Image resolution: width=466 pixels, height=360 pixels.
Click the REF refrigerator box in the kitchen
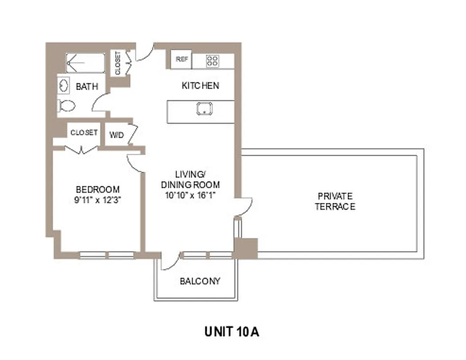tap(181, 59)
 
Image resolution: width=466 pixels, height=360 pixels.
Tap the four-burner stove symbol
tap(213, 61)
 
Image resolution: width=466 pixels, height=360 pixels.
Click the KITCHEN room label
tap(200, 85)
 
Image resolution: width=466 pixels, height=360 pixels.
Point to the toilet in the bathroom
tap(67, 106)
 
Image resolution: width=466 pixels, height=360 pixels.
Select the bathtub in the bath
tap(86, 63)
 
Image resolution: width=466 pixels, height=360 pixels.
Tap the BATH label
tap(87, 86)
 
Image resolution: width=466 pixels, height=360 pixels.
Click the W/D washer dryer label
tap(116, 135)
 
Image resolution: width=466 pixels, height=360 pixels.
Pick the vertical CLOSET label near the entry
tap(118, 63)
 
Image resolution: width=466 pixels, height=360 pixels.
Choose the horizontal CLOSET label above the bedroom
tap(84, 133)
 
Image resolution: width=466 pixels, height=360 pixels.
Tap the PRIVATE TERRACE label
tap(335, 202)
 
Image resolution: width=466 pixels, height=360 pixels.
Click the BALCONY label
tap(200, 282)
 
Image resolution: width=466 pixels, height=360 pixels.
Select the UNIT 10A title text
tap(232, 332)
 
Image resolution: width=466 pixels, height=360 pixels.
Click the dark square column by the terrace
tap(245, 248)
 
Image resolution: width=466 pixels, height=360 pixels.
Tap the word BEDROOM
tap(98, 189)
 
